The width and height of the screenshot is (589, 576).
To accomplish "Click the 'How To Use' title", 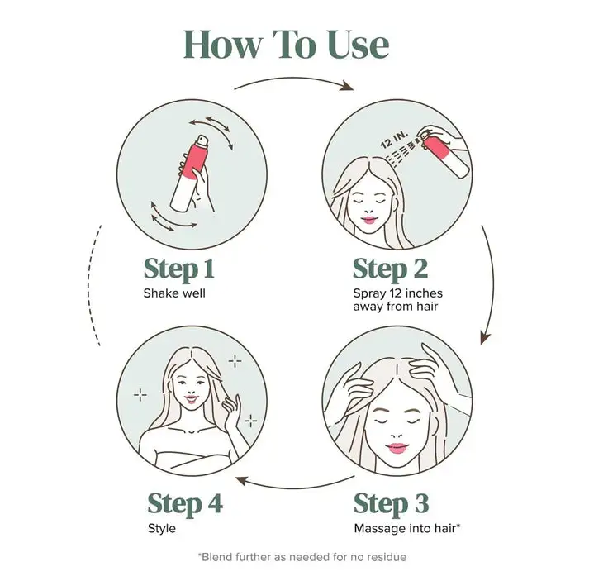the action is pyautogui.click(x=286, y=45).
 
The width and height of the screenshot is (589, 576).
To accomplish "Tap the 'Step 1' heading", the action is pyautogui.click(x=178, y=269).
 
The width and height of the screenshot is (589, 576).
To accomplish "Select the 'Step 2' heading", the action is pyautogui.click(x=390, y=269).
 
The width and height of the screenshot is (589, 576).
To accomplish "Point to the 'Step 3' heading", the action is pyautogui.click(x=391, y=504).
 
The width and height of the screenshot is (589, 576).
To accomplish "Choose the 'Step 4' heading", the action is pyautogui.click(x=185, y=504).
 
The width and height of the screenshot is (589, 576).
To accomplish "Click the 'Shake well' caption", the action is pyautogui.click(x=174, y=293).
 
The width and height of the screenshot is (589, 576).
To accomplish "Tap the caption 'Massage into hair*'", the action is pyautogui.click(x=407, y=528).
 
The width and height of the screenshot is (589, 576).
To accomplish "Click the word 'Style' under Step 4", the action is pyautogui.click(x=162, y=529).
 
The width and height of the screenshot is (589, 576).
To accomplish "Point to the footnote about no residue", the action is pyautogui.click(x=302, y=557).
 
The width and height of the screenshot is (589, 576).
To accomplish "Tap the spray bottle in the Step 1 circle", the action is pyautogui.click(x=190, y=174).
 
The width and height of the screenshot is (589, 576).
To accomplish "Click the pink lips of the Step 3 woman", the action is pyautogui.click(x=397, y=448).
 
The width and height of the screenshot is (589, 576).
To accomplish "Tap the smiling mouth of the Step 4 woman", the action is pyautogui.click(x=191, y=398).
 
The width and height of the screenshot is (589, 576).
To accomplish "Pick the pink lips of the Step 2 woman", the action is pyautogui.click(x=369, y=220).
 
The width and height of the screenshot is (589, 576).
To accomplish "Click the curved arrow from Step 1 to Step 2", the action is pyautogui.click(x=293, y=79).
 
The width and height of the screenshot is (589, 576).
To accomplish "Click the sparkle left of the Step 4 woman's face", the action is pyautogui.click(x=140, y=395).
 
